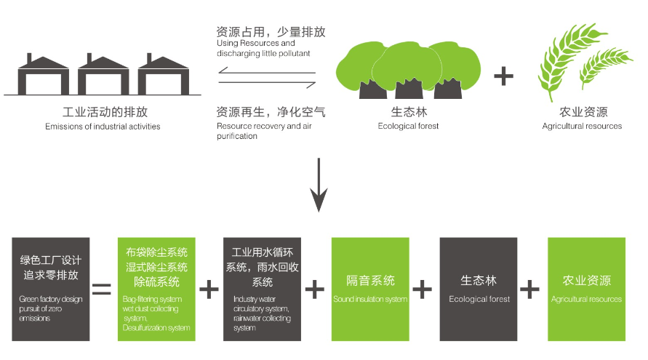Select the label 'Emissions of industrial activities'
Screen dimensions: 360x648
pyautogui.click(x=103, y=127)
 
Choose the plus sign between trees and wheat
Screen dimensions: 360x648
pyautogui.click(x=503, y=76)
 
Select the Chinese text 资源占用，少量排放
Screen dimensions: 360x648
pyautogui.click(x=271, y=32)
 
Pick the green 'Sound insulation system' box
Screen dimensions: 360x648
pyautogui.click(x=369, y=289)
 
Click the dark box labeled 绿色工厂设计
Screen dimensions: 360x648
pyautogui.click(x=51, y=289)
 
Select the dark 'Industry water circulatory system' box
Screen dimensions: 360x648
pyautogui.click(x=262, y=289)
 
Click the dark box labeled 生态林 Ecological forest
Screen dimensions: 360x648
pyautogui.click(x=478, y=289)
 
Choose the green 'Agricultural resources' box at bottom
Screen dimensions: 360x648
pyautogui.click(x=586, y=289)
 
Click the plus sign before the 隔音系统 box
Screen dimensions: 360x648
pyautogui.click(x=314, y=289)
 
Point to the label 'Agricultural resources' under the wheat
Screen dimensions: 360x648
pyautogui.click(x=582, y=126)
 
